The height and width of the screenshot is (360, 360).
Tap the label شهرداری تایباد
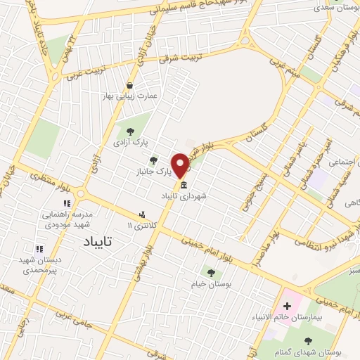pyautogui.click(x=184, y=196)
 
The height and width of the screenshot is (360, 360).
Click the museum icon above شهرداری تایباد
pyautogui.click(x=184, y=186)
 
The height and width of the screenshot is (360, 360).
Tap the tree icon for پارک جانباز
pyautogui.click(x=154, y=161)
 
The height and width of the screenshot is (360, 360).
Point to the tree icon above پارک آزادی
pyautogui.click(x=129, y=131)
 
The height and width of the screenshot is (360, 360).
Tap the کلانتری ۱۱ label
pyautogui.click(x=140, y=225)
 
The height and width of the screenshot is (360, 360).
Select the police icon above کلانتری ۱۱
pyautogui.click(x=143, y=214)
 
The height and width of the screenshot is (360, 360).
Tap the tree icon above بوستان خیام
pyautogui.click(x=210, y=272)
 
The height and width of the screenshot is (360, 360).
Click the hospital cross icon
pyautogui.click(x=287, y=307)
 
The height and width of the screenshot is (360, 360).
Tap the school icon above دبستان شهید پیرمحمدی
pyautogui.click(x=39, y=248)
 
